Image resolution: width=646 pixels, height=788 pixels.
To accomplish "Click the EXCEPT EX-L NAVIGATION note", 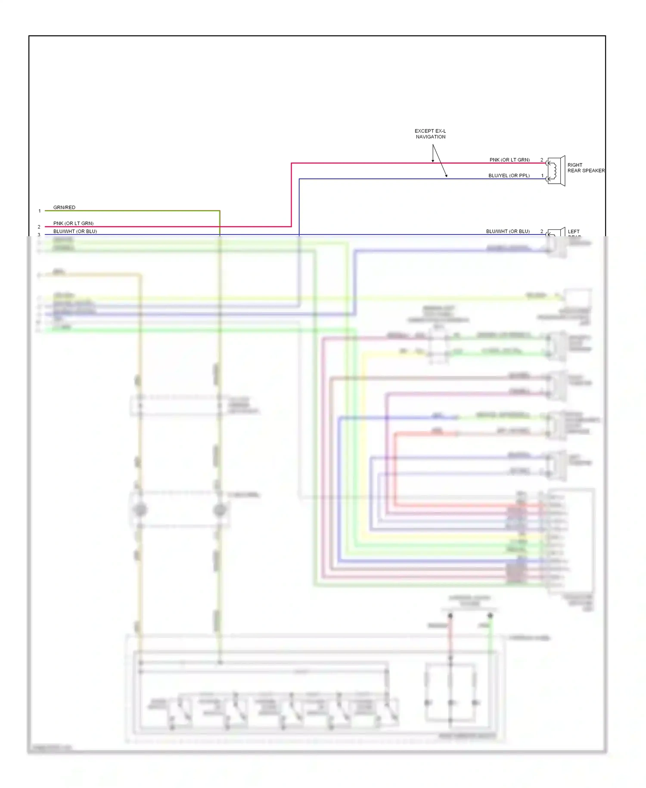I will [430, 134].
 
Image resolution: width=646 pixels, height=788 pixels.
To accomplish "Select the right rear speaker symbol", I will [556, 171].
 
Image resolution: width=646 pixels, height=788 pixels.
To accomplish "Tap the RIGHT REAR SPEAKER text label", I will [586, 168].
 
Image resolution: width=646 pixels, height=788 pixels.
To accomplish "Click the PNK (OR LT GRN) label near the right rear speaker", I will [509, 160].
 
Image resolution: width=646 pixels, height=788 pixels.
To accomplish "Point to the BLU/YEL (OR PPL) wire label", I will [509, 176].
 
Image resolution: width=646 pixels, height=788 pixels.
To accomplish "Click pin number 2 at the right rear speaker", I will [542, 160].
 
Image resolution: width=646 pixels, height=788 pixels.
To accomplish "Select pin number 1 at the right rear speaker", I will [542, 176].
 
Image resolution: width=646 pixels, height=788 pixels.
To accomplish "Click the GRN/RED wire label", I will [64, 207].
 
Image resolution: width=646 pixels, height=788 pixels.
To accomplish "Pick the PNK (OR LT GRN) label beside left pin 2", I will [73, 223].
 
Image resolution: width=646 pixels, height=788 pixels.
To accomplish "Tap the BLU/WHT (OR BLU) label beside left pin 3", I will [75, 231].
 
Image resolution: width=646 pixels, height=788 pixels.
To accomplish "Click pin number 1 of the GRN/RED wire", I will [40, 211].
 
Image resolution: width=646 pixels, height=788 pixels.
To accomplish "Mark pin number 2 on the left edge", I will [39, 227].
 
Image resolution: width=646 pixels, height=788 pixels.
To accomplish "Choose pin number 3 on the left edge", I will [39, 235].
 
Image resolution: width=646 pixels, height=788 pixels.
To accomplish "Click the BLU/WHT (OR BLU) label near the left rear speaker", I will [508, 231].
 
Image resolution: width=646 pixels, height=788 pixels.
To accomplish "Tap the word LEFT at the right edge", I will [574, 231].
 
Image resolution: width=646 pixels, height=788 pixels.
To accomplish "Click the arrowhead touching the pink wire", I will [433, 161].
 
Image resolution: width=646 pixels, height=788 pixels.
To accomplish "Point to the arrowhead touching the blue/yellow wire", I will [447, 176].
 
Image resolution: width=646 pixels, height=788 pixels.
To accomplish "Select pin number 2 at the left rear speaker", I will [542, 231].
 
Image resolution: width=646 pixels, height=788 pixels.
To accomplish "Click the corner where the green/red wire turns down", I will [220, 211].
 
